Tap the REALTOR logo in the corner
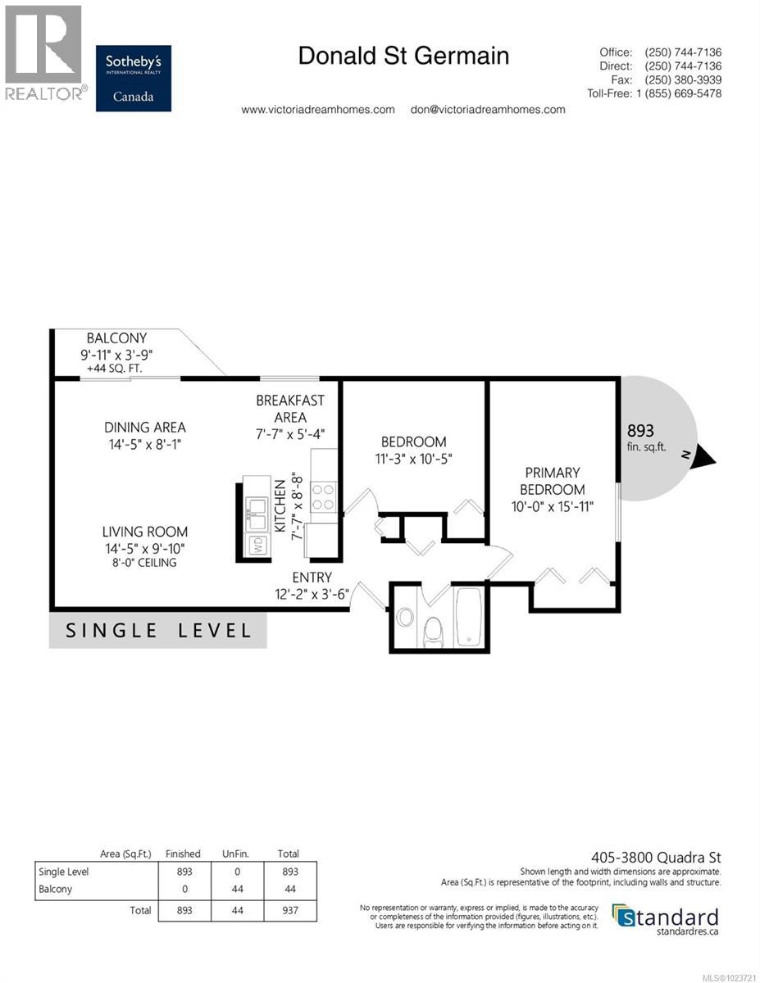43,52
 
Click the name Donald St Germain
403,56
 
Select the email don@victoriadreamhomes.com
487,110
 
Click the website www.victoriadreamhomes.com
317,110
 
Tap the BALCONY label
116,338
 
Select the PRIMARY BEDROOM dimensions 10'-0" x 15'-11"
552,506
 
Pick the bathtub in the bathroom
471,618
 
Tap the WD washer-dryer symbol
257,544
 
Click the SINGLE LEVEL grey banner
157,631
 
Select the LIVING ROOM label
145,532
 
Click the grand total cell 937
289,910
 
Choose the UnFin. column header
237,854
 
